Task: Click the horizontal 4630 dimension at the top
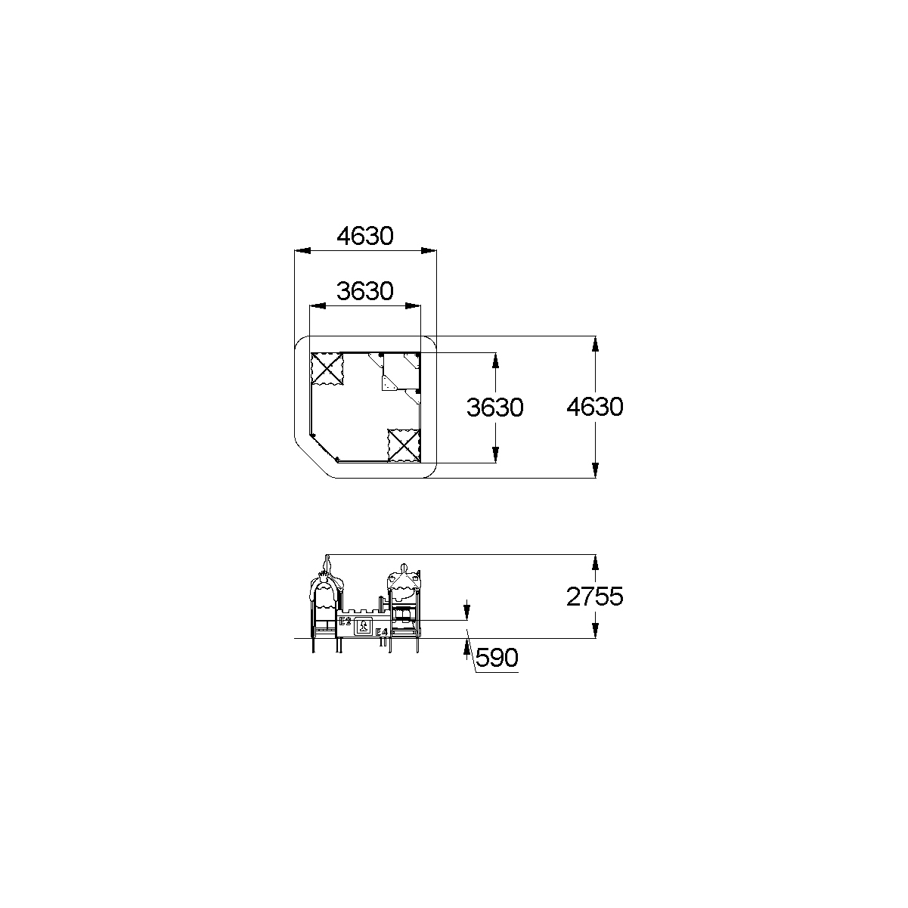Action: coord(365,237)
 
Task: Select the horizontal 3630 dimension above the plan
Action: coord(365,292)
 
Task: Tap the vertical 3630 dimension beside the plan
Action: coord(494,408)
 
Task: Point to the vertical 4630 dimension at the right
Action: coord(595,407)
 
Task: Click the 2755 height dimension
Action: coord(595,597)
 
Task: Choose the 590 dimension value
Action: coord(497,658)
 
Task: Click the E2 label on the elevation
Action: coord(345,621)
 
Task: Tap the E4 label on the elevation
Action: coord(381,632)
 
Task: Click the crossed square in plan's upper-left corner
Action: coord(327,369)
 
